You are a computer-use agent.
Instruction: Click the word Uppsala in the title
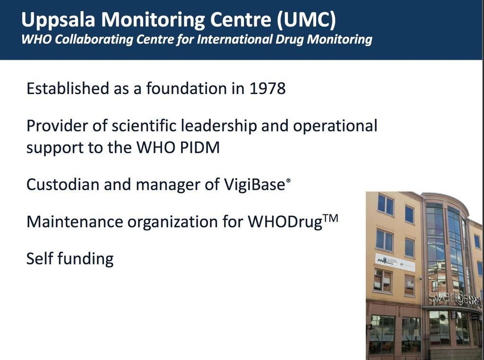pos(58,20)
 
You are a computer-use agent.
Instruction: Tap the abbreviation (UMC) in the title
pos(306,20)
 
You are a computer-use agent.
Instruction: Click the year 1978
pos(268,88)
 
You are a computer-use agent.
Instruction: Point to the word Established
pos(68,88)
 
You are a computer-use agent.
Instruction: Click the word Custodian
pos(63,184)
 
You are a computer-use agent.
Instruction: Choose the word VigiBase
pos(254,185)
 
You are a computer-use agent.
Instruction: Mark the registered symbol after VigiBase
pos(288,180)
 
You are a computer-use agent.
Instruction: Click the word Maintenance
pos(75,221)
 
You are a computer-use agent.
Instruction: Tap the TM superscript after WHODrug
pos(330,219)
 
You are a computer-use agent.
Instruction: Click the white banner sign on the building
pos(395,263)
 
